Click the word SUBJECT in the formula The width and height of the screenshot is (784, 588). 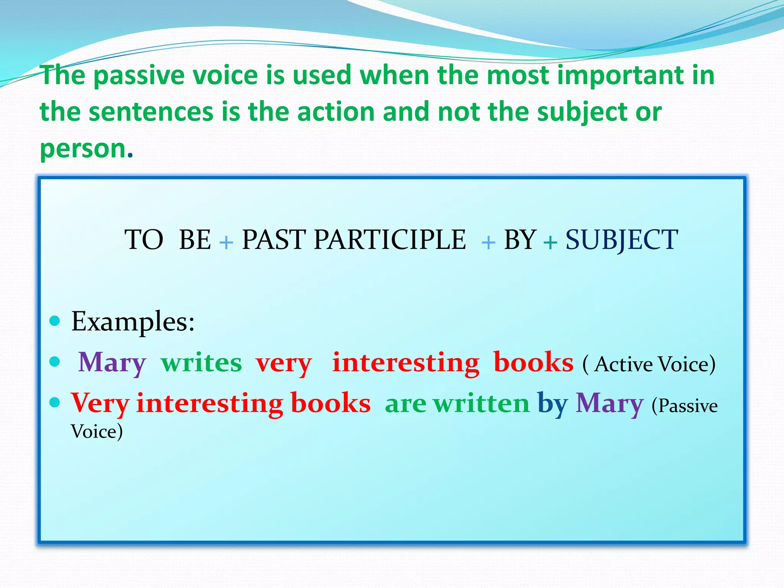[622, 240]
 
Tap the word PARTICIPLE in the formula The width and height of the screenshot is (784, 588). [390, 240]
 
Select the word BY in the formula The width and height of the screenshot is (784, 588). [520, 240]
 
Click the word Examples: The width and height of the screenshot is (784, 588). [133, 321]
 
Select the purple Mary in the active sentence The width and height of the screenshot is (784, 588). [112, 363]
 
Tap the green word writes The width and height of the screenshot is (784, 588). [201, 363]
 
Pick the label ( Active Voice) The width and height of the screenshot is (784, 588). [649, 364]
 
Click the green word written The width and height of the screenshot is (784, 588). [481, 403]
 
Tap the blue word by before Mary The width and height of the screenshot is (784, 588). [552, 404]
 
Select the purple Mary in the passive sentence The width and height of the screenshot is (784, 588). [609, 403]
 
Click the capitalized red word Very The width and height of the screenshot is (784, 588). [100, 404]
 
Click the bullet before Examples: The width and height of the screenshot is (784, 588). [55, 321]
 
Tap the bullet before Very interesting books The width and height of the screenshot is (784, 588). [55, 402]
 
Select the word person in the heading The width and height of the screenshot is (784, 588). [83, 149]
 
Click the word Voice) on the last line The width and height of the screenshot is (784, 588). [97, 432]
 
